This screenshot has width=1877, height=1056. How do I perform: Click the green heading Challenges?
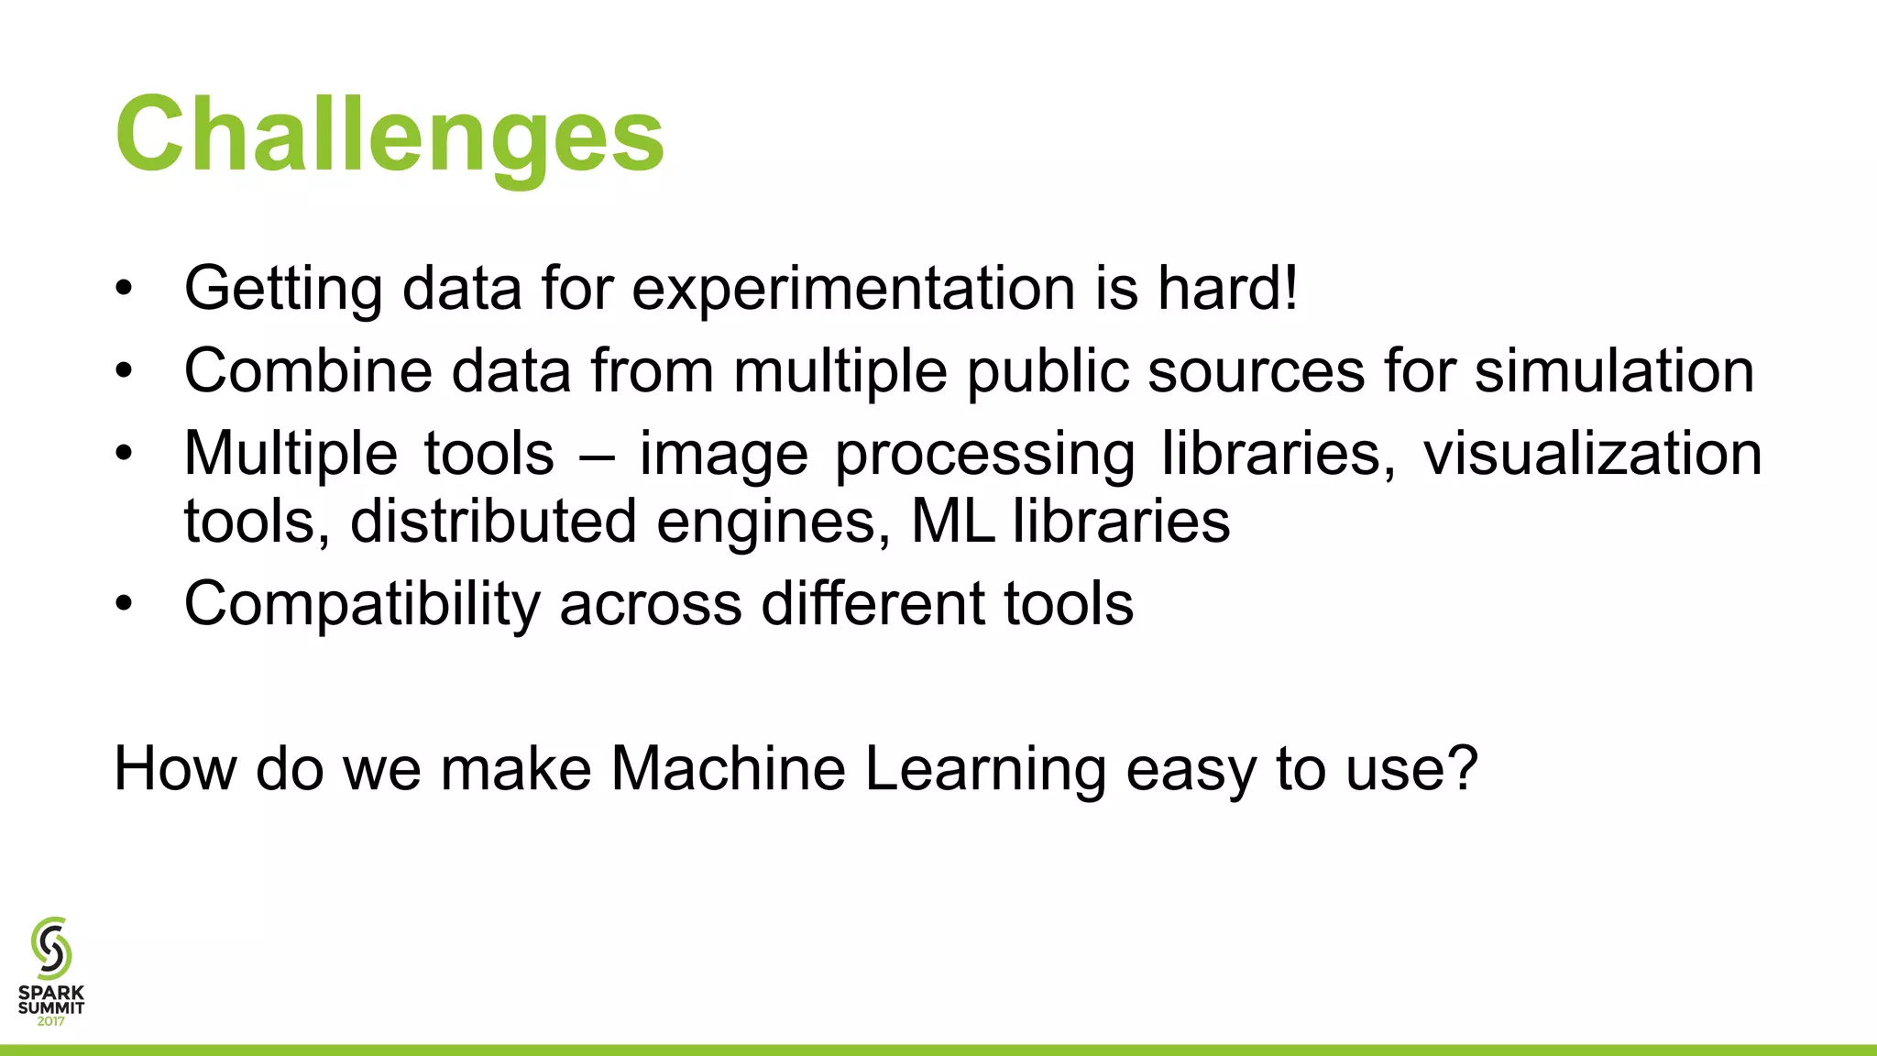[390, 136]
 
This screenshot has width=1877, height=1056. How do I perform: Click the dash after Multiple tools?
[597, 456]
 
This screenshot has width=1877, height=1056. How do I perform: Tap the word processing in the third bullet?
[984, 456]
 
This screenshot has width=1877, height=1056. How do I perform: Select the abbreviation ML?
[952, 521]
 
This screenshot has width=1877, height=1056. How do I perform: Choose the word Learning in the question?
[985, 770]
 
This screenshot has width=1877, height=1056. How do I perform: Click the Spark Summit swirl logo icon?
[51, 948]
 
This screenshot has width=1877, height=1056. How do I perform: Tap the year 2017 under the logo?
[51, 1021]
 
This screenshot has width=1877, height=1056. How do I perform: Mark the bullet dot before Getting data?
[125, 289]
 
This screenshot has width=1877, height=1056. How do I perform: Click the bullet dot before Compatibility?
[125, 604]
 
